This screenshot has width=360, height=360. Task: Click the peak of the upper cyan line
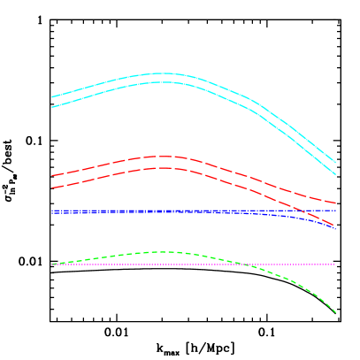pos(164,73)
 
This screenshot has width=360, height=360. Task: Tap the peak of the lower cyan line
pos(164,82)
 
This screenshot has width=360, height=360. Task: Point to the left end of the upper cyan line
pos(52,96)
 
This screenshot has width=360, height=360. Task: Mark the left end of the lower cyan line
pos(52,107)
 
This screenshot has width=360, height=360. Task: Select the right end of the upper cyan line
pos(335,163)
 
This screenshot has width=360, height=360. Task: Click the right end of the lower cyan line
pos(335,174)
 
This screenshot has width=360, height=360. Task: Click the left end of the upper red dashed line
pos(52,175)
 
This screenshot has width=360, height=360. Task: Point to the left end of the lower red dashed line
pos(52,188)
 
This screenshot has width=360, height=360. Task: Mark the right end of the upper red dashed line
pos(335,203)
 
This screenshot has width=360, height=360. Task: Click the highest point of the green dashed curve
pos(164,252)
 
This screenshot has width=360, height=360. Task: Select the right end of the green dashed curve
pos(335,311)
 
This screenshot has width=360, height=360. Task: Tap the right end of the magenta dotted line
pos(335,264)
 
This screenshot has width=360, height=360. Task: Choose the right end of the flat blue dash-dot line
pos(335,211)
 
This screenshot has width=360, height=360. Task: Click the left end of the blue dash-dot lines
pos(52,211)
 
